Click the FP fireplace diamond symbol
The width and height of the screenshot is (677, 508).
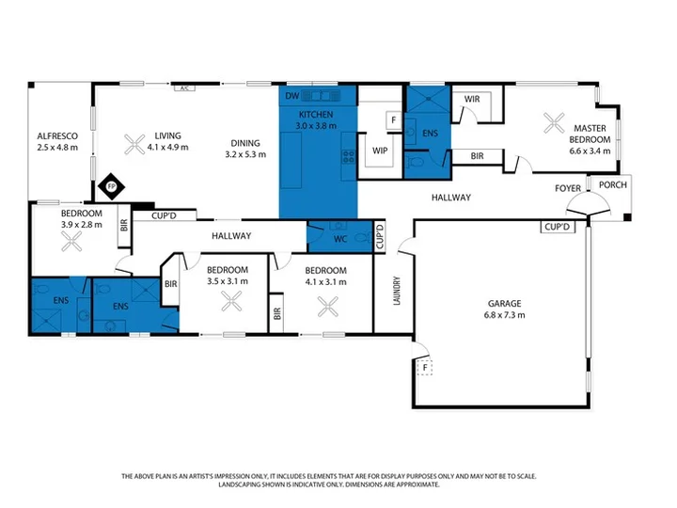(x=111, y=186)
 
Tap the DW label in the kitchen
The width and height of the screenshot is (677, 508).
(x=291, y=96)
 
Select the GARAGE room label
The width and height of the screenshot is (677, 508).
(x=504, y=303)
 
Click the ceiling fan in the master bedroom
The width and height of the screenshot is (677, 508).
(x=554, y=122)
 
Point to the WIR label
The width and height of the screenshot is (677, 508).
(x=471, y=99)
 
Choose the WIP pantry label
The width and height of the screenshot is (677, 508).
(x=380, y=151)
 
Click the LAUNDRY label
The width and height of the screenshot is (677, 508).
(x=397, y=291)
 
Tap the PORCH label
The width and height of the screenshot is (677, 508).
(x=613, y=185)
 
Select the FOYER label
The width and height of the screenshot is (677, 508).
(x=568, y=188)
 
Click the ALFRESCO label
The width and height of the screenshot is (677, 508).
(x=57, y=136)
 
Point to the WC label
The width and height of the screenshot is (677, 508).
(x=340, y=239)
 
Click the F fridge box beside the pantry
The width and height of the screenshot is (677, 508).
(x=393, y=119)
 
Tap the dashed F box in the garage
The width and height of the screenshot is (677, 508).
(x=425, y=368)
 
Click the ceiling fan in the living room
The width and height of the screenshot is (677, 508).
(x=134, y=144)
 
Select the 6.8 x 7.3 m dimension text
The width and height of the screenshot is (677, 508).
(x=504, y=315)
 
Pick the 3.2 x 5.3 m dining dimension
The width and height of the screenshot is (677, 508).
(x=245, y=154)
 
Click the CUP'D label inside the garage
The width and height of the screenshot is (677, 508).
(x=558, y=227)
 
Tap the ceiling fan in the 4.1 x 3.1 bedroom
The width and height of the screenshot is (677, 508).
(x=328, y=307)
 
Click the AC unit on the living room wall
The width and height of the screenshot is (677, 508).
(x=184, y=88)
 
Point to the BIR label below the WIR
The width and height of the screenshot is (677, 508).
(x=477, y=156)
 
